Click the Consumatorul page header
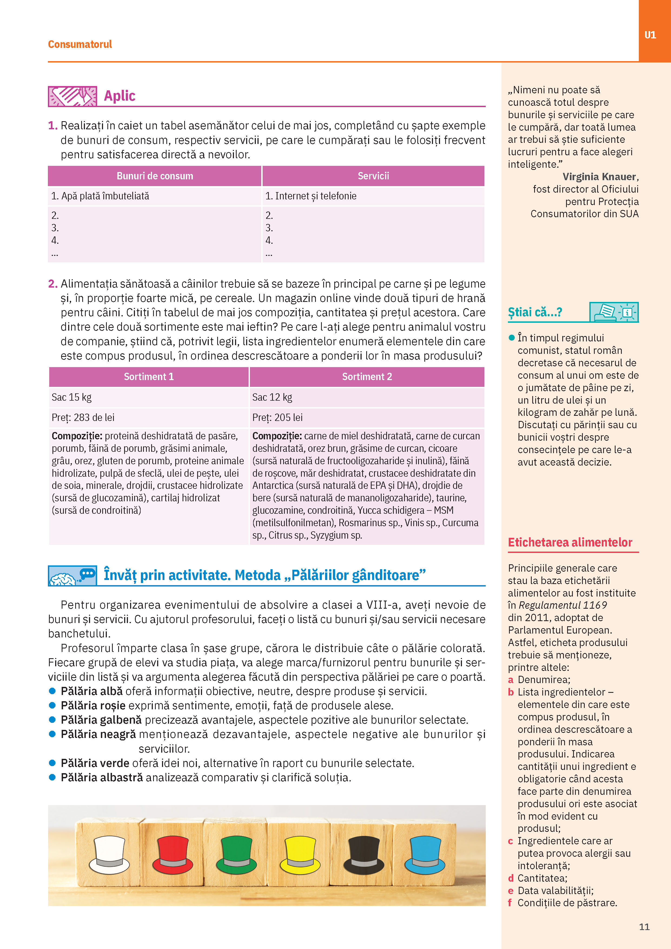click(80, 44)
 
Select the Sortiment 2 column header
click(367, 377)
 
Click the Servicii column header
click(373, 176)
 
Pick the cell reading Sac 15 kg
click(71, 397)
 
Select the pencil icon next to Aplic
click(72, 96)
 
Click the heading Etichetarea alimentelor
click(570, 542)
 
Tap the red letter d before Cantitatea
click(511, 878)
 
